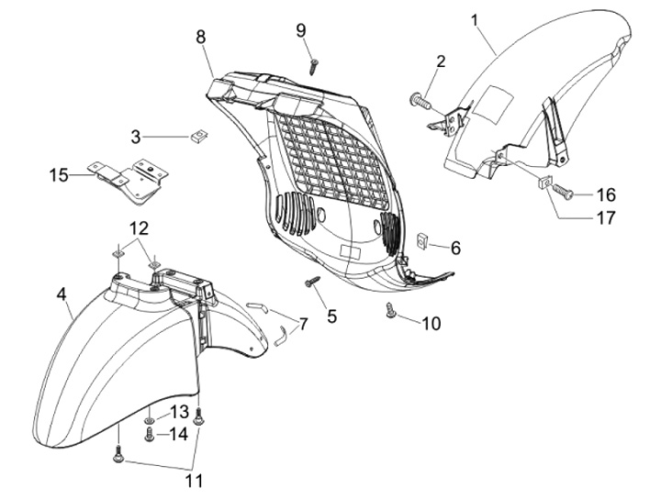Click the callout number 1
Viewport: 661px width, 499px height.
[x=476, y=18]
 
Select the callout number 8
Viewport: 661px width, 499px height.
[x=200, y=37]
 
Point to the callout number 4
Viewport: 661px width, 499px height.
[x=62, y=294]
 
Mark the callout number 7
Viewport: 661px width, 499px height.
[x=304, y=323]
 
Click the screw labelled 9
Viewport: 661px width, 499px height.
[x=314, y=64]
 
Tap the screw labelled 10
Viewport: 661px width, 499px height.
[x=392, y=315]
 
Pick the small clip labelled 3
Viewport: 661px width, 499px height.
[x=196, y=138]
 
